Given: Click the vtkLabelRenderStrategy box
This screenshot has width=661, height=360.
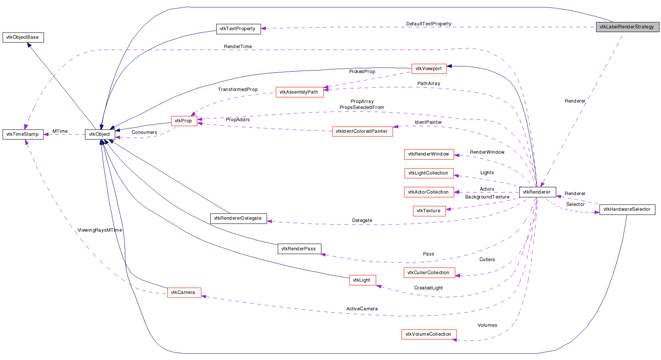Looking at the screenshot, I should tap(627, 27).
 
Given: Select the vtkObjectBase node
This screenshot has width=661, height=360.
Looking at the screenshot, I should tap(23, 37).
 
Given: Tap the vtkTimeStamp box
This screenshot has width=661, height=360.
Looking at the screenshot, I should tap(23, 134).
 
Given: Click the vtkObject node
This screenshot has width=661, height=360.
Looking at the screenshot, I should tap(100, 134).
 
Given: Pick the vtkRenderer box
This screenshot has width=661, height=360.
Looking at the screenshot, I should tap(537, 192).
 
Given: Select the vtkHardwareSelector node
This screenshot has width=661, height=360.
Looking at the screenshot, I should tap(627, 209).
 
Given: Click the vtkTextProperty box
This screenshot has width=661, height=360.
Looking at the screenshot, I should tap(238, 29).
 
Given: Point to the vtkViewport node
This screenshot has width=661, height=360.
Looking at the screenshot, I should tap(429, 69).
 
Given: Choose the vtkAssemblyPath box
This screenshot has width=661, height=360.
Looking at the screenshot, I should tap(299, 92).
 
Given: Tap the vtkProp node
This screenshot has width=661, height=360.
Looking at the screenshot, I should tap(184, 121).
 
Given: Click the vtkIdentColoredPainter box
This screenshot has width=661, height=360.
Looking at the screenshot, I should tap(362, 131).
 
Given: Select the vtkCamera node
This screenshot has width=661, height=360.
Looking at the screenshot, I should tap(184, 292).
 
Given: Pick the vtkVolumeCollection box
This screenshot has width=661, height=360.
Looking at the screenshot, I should tap(429, 334).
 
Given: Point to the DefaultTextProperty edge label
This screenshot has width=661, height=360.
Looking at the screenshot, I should tap(428, 24).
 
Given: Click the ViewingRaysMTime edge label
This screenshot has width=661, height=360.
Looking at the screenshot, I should tap(100, 230).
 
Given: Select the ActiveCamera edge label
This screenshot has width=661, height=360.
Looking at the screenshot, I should tap(362, 309).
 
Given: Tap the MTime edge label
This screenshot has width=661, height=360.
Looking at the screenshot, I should tap(60, 131).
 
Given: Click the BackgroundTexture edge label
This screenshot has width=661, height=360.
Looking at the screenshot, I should tap(487, 197).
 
